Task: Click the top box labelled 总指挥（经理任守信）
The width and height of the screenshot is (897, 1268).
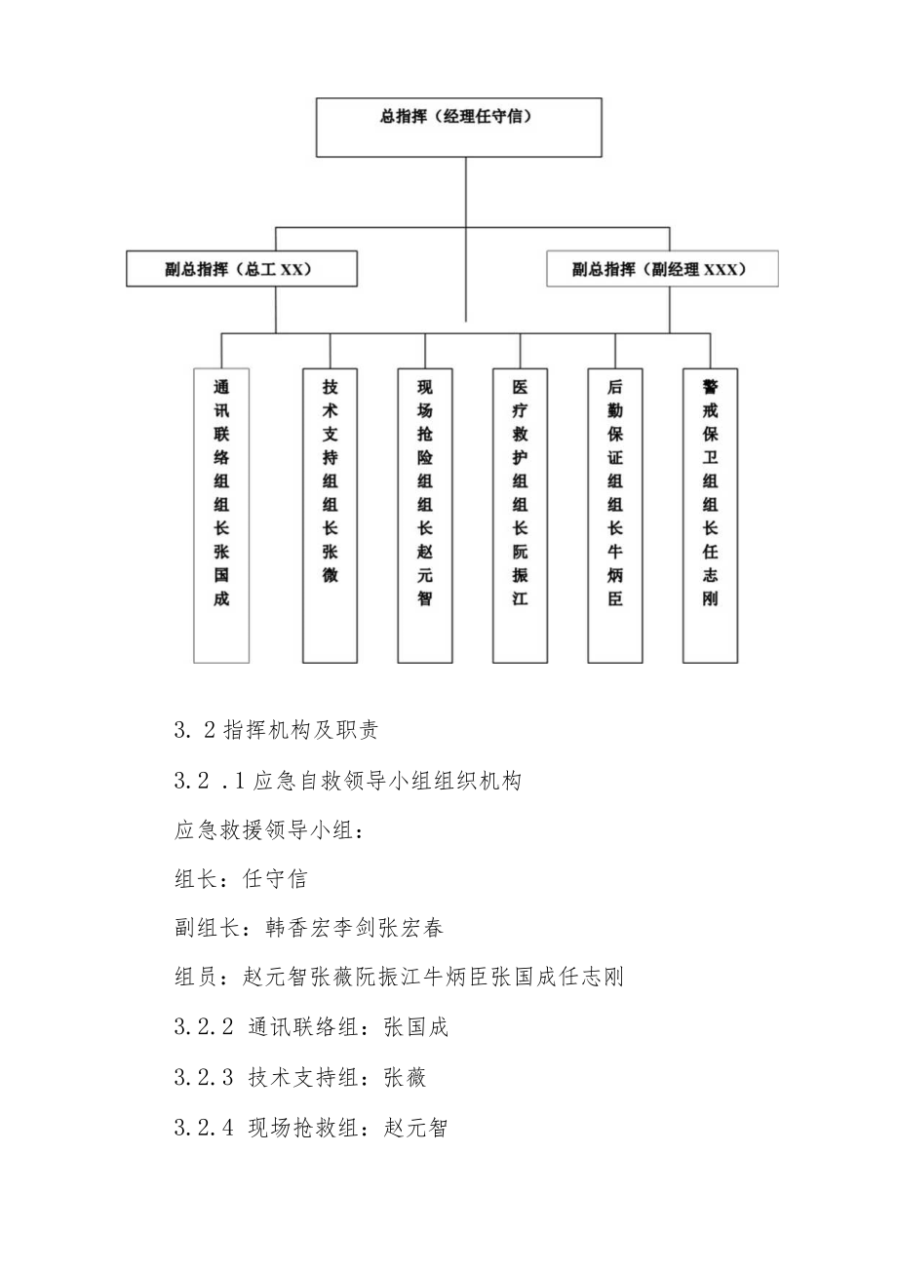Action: click(458, 127)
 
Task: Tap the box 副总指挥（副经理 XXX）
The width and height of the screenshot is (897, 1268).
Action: click(661, 269)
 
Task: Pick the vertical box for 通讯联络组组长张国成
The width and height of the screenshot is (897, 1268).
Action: click(221, 515)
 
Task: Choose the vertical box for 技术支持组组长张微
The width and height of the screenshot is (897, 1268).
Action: click(330, 515)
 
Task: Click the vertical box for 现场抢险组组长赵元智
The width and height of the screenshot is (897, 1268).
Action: click(424, 515)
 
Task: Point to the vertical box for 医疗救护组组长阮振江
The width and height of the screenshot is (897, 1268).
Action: click(520, 515)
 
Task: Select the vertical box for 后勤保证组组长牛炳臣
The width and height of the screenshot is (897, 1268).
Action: click(614, 515)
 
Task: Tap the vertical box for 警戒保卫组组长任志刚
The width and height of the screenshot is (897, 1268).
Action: click(709, 515)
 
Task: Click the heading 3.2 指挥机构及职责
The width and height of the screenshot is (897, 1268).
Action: click(276, 731)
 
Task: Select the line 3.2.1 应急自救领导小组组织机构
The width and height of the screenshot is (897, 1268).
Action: click(348, 781)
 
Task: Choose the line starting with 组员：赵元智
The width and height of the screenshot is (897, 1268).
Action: click(398, 978)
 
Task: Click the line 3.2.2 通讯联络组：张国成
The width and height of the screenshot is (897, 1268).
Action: click(311, 1027)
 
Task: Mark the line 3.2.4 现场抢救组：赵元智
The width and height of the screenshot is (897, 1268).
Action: click(311, 1128)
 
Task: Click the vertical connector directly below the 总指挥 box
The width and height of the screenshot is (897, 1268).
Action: click(466, 191)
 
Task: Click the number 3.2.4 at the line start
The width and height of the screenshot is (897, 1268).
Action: click(204, 1128)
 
